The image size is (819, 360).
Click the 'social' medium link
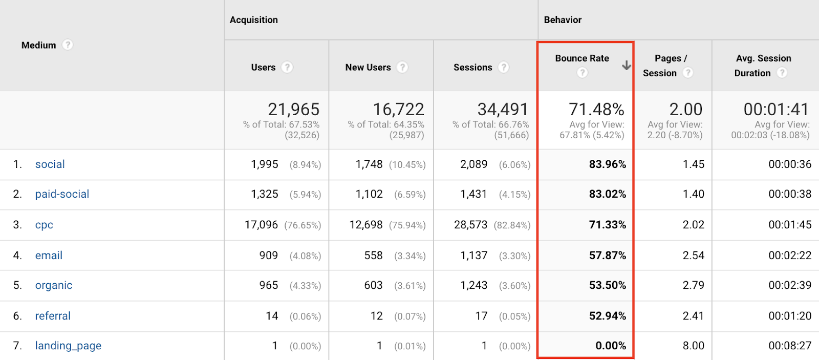coord(50,164)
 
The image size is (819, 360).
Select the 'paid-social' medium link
coord(62,194)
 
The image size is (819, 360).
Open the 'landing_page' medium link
coord(68,346)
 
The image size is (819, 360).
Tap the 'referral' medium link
coord(53,316)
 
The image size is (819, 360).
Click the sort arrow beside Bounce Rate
coord(626,66)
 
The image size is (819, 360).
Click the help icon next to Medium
coord(68,45)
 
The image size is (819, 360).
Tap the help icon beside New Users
coord(402,67)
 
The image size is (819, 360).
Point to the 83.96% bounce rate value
coord(607,164)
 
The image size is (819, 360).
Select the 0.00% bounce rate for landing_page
coord(610,346)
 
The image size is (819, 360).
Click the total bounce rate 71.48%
coord(596,110)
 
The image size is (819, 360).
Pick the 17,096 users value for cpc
coord(261,225)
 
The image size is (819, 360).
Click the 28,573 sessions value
coord(470,225)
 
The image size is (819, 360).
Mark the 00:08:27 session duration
coord(789,346)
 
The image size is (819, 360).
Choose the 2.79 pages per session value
coord(693,285)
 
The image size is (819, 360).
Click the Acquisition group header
coord(254,20)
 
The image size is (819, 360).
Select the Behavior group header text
coord(563,20)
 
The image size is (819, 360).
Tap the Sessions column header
coord(472,68)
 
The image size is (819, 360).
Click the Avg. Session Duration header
coord(763,66)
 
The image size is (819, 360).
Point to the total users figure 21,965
coord(293,110)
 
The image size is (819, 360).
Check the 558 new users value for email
coord(373,256)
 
